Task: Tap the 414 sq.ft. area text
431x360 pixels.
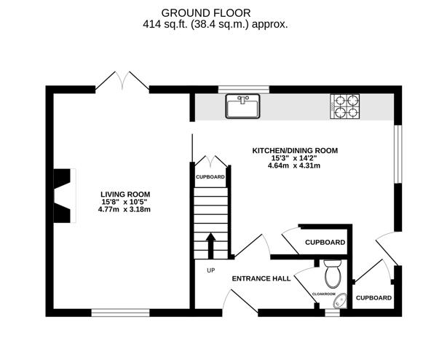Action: pyautogui.click(x=215, y=23)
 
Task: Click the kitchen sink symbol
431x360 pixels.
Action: pyautogui.click(x=243, y=106)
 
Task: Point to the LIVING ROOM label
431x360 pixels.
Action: pyautogui.click(x=129, y=193)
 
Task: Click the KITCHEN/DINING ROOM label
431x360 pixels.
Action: pyautogui.click(x=295, y=150)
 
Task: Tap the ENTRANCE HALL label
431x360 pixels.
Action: pyautogui.click(x=261, y=278)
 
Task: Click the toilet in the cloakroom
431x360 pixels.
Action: pyautogui.click(x=332, y=274)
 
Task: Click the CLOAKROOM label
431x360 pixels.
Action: pyautogui.click(x=324, y=294)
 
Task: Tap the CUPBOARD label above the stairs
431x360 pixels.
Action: pyautogui.click(x=210, y=177)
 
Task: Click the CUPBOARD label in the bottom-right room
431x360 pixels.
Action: pyautogui.click(x=373, y=297)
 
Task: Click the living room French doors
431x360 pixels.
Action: pyautogui.click(x=122, y=81)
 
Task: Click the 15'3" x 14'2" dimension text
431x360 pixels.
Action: pyautogui.click(x=295, y=158)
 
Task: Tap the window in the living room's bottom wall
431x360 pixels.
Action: pyautogui.click(x=120, y=313)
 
